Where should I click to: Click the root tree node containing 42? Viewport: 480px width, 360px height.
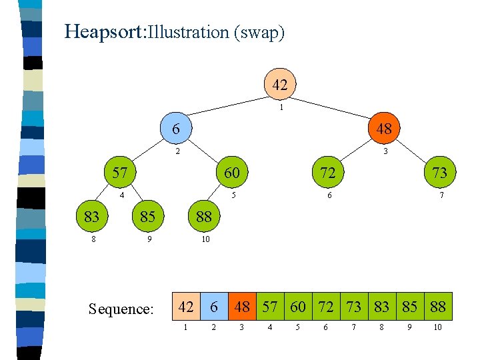[279, 85]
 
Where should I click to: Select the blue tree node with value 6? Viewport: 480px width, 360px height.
[175, 129]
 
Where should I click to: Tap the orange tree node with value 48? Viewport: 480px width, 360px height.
[384, 129]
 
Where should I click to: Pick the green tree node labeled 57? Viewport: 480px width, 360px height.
[119, 173]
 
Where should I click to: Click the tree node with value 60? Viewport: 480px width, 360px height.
[231, 173]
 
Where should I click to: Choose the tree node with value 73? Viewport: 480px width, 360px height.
[439, 173]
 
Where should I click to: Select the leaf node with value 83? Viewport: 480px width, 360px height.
[91, 217]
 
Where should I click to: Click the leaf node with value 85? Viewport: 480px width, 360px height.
[147, 217]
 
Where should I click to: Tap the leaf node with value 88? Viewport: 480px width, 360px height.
[203, 217]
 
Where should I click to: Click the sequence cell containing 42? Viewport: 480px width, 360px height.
[186, 307]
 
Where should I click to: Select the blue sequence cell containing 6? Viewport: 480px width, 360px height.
[215, 307]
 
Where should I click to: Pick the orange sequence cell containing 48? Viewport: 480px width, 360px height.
[242, 307]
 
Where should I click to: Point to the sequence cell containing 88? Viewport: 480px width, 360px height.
[437, 307]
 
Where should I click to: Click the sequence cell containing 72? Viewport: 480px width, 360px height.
[326, 307]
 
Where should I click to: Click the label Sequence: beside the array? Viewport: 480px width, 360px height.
[121, 309]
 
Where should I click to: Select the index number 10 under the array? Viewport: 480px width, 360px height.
[437, 327]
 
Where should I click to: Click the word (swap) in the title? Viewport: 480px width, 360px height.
[259, 32]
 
